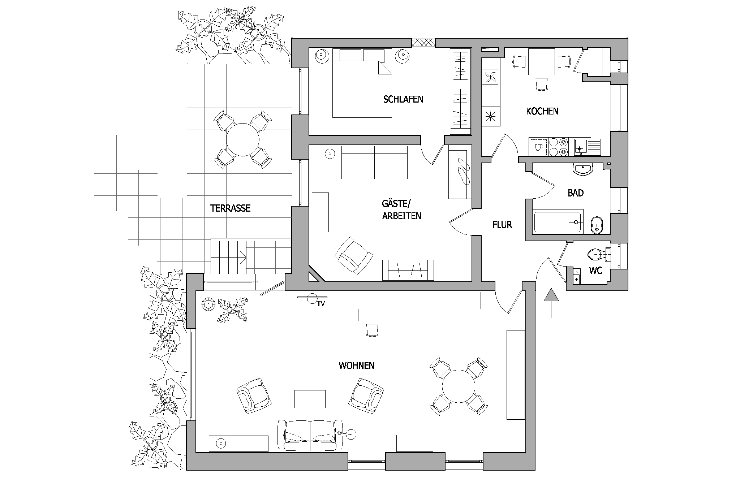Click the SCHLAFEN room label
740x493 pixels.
403,99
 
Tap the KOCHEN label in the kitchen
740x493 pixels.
542,111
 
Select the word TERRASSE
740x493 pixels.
230,208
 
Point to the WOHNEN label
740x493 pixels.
356,366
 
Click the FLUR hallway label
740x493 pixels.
502,225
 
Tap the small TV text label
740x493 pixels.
321,304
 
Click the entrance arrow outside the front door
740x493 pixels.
551,303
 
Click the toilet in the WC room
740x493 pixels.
599,255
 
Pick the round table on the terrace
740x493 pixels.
243,140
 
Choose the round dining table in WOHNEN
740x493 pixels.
459,386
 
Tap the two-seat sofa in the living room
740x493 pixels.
310,435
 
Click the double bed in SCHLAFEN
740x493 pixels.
362,83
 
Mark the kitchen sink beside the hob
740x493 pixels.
587,147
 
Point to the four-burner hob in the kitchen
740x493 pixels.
558,147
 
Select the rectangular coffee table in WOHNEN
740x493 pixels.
310,399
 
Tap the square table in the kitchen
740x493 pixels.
541,62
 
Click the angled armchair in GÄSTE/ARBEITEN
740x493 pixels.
354,255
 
